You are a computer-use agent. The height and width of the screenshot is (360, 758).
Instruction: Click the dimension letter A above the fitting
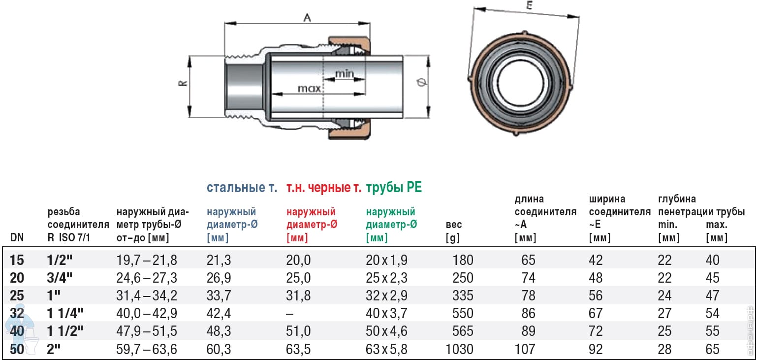(x=307, y=17)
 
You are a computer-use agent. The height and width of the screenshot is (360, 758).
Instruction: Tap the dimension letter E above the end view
(x=530, y=5)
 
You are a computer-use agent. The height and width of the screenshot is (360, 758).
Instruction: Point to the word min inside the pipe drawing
(x=345, y=73)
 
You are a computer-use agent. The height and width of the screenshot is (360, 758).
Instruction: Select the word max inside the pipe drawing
(x=309, y=89)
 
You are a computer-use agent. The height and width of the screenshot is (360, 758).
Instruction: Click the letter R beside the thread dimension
(x=183, y=83)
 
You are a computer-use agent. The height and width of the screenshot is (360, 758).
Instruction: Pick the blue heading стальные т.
(x=242, y=187)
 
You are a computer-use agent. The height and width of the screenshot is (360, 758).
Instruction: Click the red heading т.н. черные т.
(x=324, y=187)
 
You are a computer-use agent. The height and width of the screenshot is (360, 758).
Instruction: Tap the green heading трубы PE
(x=394, y=187)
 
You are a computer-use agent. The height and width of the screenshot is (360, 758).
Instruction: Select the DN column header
(x=17, y=237)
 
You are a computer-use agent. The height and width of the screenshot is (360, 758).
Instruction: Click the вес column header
(x=454, y=225)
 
